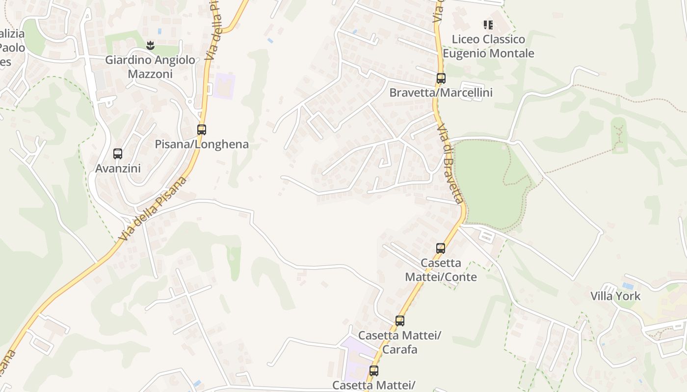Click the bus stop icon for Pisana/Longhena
202,130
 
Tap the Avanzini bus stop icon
118,154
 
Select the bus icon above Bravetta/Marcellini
441,78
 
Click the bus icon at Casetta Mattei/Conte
441,248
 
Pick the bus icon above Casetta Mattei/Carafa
400,321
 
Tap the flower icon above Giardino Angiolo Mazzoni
151,46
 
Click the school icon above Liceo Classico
488,24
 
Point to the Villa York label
615,296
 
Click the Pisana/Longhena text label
202,145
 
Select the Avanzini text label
118,169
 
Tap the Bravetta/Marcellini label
441,93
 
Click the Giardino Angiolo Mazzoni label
150,67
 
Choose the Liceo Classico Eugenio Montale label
488,46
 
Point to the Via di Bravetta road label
450,164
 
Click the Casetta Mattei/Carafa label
399,343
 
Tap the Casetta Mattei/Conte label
441,270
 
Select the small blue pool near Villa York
627,285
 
